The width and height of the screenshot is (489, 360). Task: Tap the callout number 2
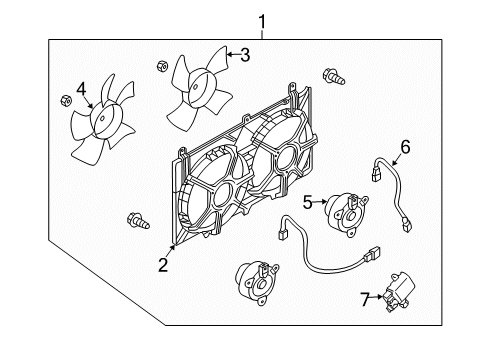click(x=161, y=265)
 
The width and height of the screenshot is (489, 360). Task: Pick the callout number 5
click(x=309, y=202)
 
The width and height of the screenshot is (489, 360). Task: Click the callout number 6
click(x=405, y=147)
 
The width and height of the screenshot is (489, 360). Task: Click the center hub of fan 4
click(x=104, y=122)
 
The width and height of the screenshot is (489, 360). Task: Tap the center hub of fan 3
click(x=197, y=86)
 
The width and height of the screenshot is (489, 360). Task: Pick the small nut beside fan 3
click(x=161, y=67)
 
